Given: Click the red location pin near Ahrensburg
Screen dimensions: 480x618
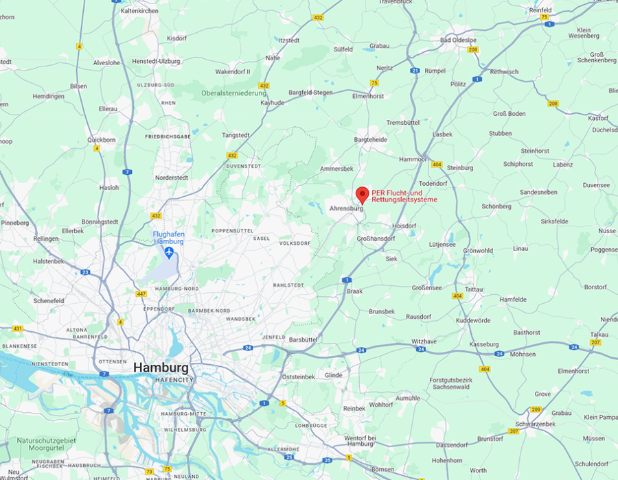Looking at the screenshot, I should [363, 194].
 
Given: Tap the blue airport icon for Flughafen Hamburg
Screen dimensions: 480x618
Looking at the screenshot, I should [168, 252].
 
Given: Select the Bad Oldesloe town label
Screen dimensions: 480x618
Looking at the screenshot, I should [459, 40].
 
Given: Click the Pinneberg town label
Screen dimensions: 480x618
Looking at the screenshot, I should [14, 223].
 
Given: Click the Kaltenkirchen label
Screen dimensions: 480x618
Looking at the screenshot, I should [139, 11].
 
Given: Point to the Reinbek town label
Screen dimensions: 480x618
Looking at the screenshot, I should [354, 408].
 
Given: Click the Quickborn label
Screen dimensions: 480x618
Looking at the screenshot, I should [102, 139].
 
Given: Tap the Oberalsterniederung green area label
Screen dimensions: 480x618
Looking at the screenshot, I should [233, 93].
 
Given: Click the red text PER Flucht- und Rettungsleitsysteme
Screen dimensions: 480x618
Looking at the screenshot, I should [404, 196].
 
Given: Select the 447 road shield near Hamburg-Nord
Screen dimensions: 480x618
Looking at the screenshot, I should [141, 293].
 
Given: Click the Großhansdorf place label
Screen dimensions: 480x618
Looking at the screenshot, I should [377, 238].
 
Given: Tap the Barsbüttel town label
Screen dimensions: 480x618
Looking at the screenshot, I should [303, 339].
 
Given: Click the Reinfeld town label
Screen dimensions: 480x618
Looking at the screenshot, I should [540, 10].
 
